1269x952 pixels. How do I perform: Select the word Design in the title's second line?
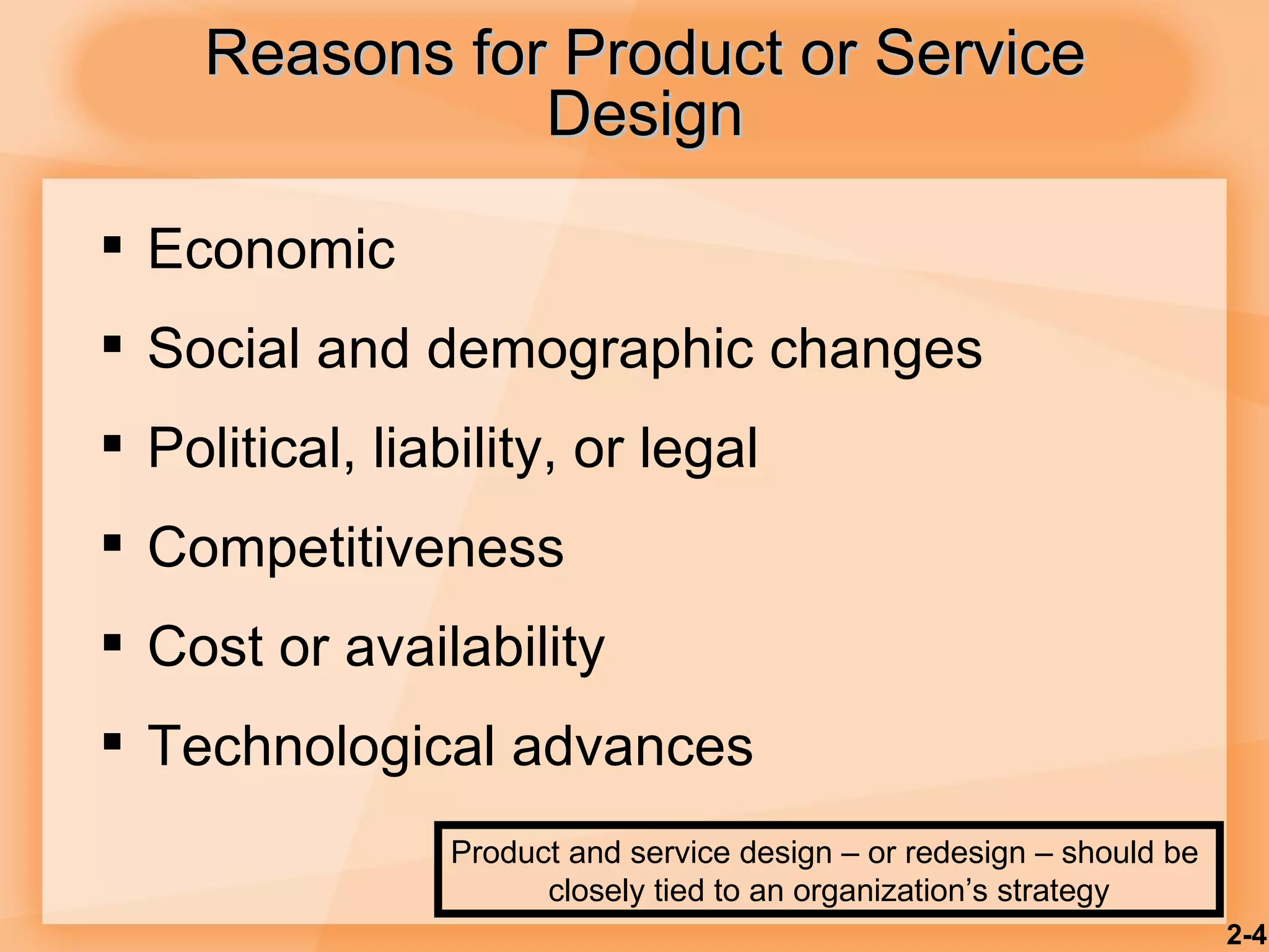pyautogui.click(x=644, y=115)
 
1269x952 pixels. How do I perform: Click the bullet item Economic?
pyautogui.click(x=271, y=249)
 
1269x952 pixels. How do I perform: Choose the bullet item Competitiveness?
pyautogui.click(x=356, y=547)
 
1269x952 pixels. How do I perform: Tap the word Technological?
pyautogui.click(x=321, y=747)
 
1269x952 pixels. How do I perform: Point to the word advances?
pyautogui.click(x=632, y=746)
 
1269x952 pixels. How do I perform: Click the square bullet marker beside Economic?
pyautogui.click(x=112, y=245)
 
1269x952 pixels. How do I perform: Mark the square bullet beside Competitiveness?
pyautogui.click(x=112, y=543)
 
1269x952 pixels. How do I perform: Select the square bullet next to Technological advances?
pyautogui.click(x=112, y=741)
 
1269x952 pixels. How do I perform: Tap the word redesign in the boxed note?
pyautogui.click(x=947, y=853)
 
